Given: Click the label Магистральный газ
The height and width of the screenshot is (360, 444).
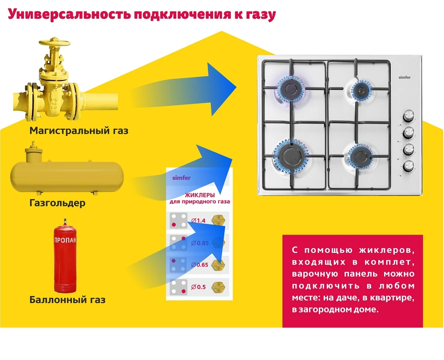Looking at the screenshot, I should pyautogui.click(x=79, y=131).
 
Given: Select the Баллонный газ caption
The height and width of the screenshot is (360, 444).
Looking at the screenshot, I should pyautogui.click(x=67, y=300).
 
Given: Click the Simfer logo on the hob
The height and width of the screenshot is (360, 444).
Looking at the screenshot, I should pyautogui.click(x=404, y=77).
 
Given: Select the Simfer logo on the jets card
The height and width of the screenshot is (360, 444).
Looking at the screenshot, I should pyautogui.click(x=181, y=178).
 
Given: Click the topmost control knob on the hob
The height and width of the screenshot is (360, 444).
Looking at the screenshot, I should pyautogui.click(x=408, y=116).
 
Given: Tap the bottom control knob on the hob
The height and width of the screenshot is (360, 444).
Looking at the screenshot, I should pyautogui.click(x=408, y=166).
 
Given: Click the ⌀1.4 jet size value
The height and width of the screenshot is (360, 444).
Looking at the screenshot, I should pyautogui.click(x=198, y=220).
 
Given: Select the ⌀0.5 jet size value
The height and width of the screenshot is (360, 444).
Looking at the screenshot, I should pyautogui.click(x=198, y=287).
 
